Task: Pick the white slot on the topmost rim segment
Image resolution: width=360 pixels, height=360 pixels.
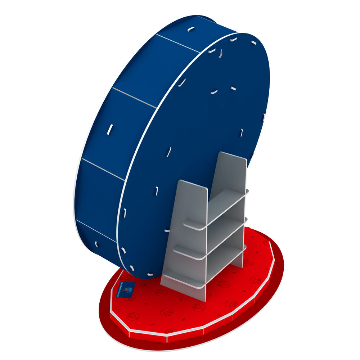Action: coord(191,28)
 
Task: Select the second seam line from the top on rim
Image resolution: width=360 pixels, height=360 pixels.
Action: coord(134,98)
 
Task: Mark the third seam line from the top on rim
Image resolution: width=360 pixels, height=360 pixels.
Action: coord(103,169)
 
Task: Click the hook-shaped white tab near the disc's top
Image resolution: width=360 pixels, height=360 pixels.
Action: coord(220,53)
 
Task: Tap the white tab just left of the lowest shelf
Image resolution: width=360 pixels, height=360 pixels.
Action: coord(167,230)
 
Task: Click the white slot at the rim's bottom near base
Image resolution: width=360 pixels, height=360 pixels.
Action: coord(96,244)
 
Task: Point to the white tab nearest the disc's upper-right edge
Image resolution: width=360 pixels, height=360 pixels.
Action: coord(254,42)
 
